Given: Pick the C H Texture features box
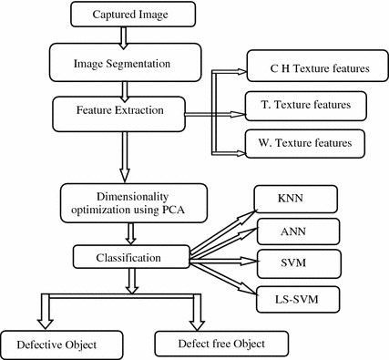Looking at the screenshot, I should pos(307,69).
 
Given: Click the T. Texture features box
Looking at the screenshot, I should pos(307,108).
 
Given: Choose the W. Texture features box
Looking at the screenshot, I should pos(307,143).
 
